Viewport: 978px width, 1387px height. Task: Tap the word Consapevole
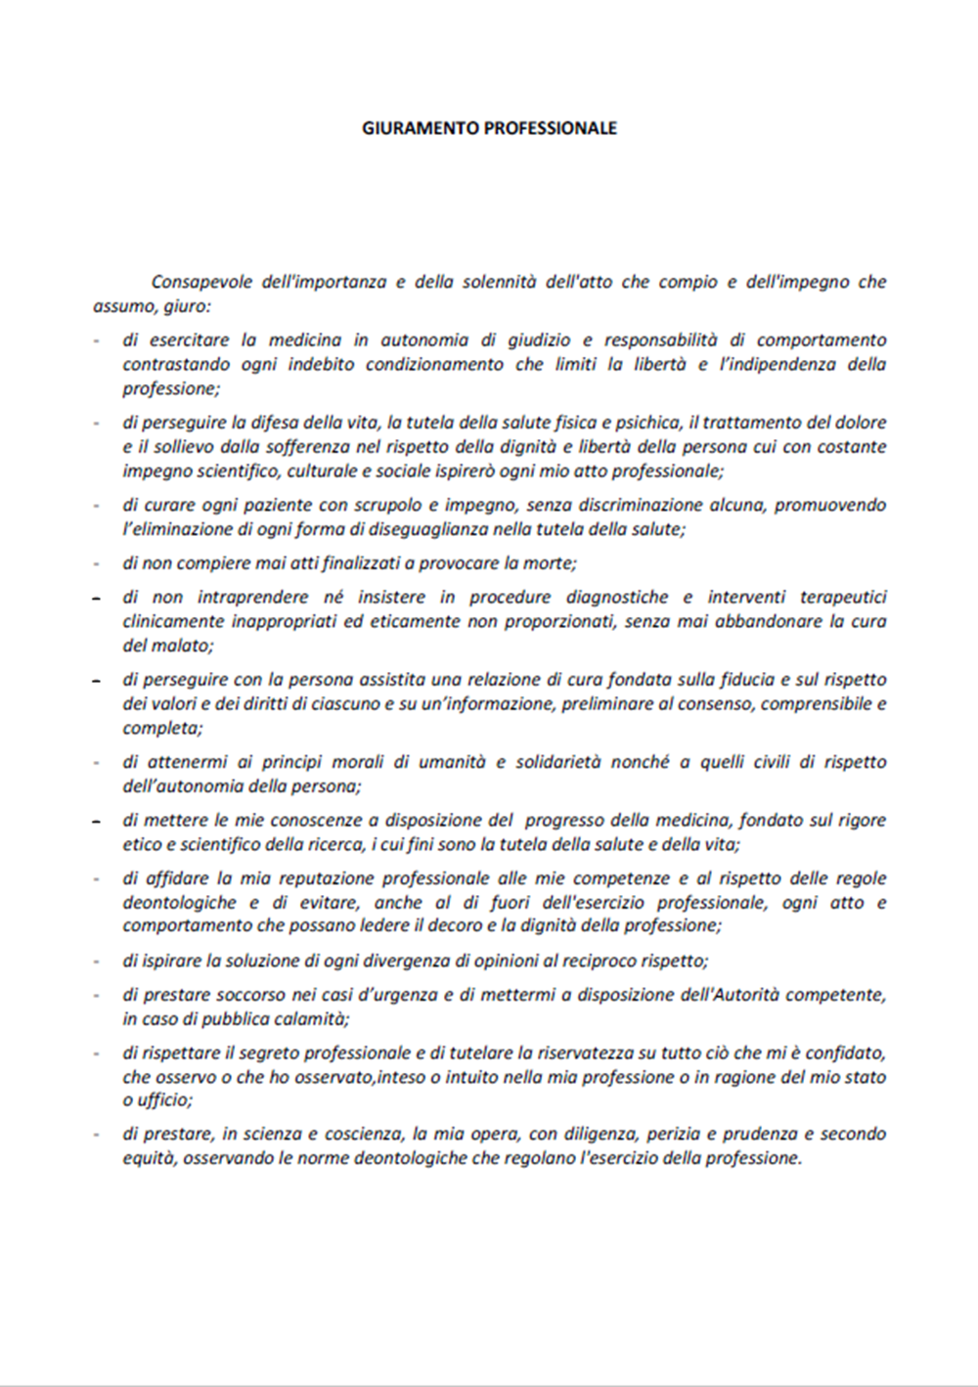pyautogui.click(x=200, y=283)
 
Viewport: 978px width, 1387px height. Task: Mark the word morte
pyautogui.click(x=549, y=563)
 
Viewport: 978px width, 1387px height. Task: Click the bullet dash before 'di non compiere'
pyautogui.click(x=96, y=564)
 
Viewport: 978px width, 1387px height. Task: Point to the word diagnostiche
pyautogui.click(x=617, y=597)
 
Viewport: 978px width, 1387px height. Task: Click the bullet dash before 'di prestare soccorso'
pyautogui.click(x=96, y=996)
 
